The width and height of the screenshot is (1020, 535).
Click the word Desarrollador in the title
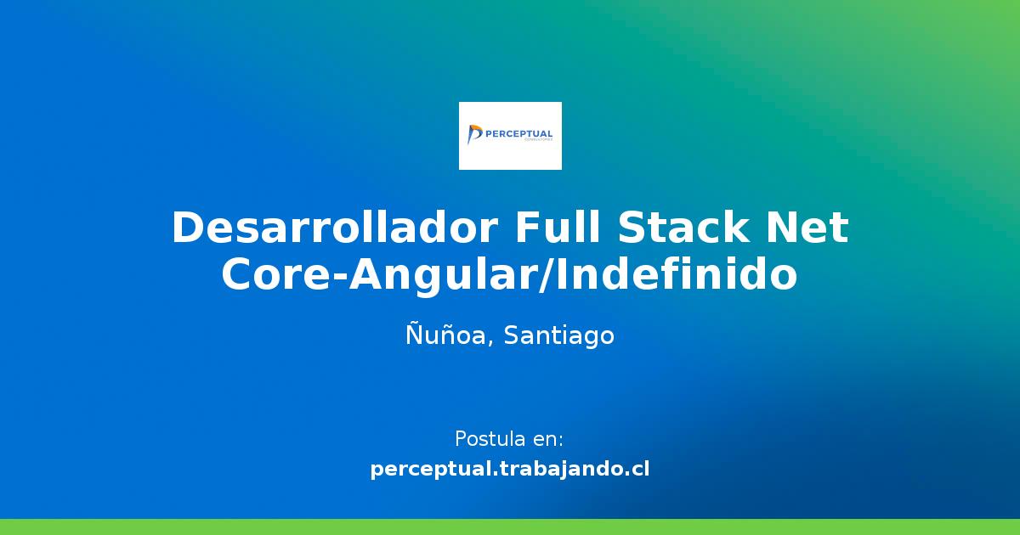tap(335, 228)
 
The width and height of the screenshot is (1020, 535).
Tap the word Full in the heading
tap(558, 227)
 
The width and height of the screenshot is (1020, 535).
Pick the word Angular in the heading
tap(444, 278)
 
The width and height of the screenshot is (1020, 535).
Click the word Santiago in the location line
tap(559, 336)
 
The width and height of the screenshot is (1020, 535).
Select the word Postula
tap(484, 438)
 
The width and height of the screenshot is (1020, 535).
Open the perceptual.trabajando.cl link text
tap(510, 469)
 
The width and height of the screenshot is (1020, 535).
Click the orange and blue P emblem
tap(474, 134)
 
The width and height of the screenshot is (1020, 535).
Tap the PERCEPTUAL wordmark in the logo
tap(518, 134)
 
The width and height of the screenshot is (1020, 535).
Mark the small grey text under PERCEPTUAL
tap(539, 140)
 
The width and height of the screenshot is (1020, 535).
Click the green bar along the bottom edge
tap(510, 527)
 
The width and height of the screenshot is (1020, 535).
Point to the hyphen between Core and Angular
tap(339, 279)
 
